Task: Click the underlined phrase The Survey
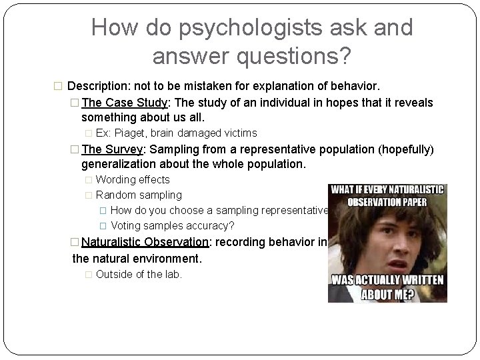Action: click(111, 149)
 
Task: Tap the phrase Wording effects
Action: click(133, 179)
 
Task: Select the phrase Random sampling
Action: click(139, 195)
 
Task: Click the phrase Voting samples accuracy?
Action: click(173, 225)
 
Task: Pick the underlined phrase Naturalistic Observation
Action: click(145, 242)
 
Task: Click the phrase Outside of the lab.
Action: click(139, 274)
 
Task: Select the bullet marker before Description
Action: click(57, 87)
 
